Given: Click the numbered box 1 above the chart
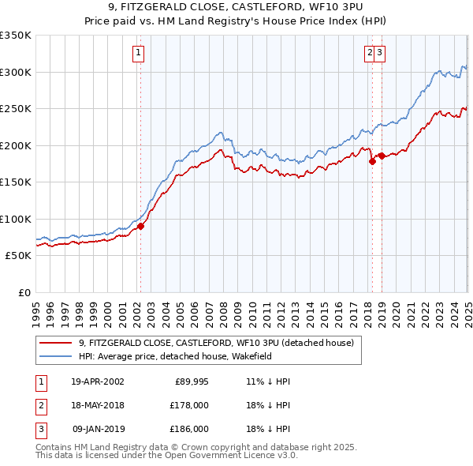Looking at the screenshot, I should pyautogui.click(x=138, y=53).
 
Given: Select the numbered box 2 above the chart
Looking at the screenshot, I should pyautogui.click(x=369, y=53).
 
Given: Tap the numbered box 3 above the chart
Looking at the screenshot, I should pyautogui.click(x=379, y=53).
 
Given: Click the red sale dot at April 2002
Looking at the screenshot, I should pyautogui.click(x=141, y=226).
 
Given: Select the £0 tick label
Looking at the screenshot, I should pyautogui.click(x=23, y=292).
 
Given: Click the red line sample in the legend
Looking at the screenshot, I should pyautogui.click(x=55, y=343).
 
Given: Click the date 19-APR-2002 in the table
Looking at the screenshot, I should pyautogui.click(x=98, y=381).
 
